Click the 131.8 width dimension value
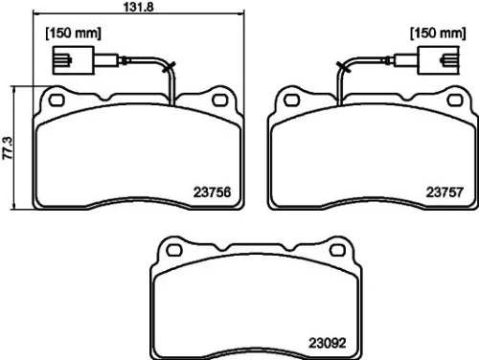(x=141, y=9)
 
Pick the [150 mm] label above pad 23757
(x=434, y=34)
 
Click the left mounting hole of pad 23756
(x=57, y=98)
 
